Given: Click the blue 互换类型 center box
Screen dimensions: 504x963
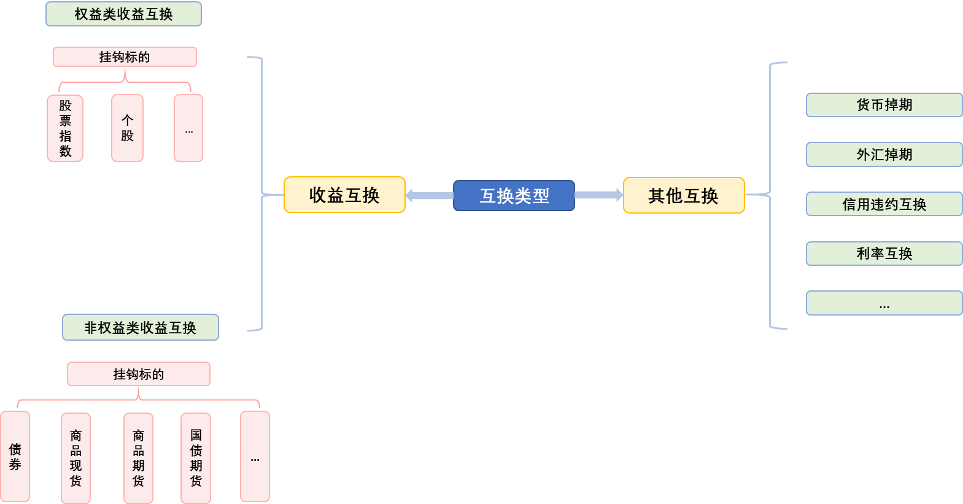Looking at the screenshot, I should [514, 196].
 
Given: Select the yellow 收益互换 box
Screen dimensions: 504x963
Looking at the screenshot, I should [344, 195].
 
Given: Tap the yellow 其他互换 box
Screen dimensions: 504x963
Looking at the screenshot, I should [684, 195].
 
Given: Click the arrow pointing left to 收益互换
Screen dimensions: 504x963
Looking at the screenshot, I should [429, 196].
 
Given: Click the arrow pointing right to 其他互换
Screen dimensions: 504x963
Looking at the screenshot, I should [598, 195].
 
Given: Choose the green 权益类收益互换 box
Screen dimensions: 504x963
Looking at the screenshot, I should [123, 14].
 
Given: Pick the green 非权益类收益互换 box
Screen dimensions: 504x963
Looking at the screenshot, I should [141, 327].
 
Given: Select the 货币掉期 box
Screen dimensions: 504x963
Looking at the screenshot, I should [884, 105].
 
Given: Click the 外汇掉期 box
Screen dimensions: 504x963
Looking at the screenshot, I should [884, 155].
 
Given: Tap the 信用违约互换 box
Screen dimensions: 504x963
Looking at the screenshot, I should [884, 204].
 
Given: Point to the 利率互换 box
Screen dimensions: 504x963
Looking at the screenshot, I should [884, 254].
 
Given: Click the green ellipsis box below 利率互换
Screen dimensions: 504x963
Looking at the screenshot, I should [884, 303].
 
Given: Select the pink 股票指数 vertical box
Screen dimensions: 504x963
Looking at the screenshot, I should [65, 128].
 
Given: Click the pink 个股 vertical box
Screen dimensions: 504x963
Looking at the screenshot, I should [127, 128].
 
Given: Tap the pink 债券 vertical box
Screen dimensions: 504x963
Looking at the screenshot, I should [15, 457].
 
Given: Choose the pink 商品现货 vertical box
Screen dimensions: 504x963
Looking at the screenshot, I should [75, 458].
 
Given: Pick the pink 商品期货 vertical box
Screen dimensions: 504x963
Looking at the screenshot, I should [138, 458].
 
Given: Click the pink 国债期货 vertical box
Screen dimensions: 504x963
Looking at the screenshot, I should [196, 458].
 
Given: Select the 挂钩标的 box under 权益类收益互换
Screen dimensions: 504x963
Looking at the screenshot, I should [125, 57].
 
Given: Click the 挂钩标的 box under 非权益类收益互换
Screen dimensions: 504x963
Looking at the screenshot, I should [139, 374].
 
